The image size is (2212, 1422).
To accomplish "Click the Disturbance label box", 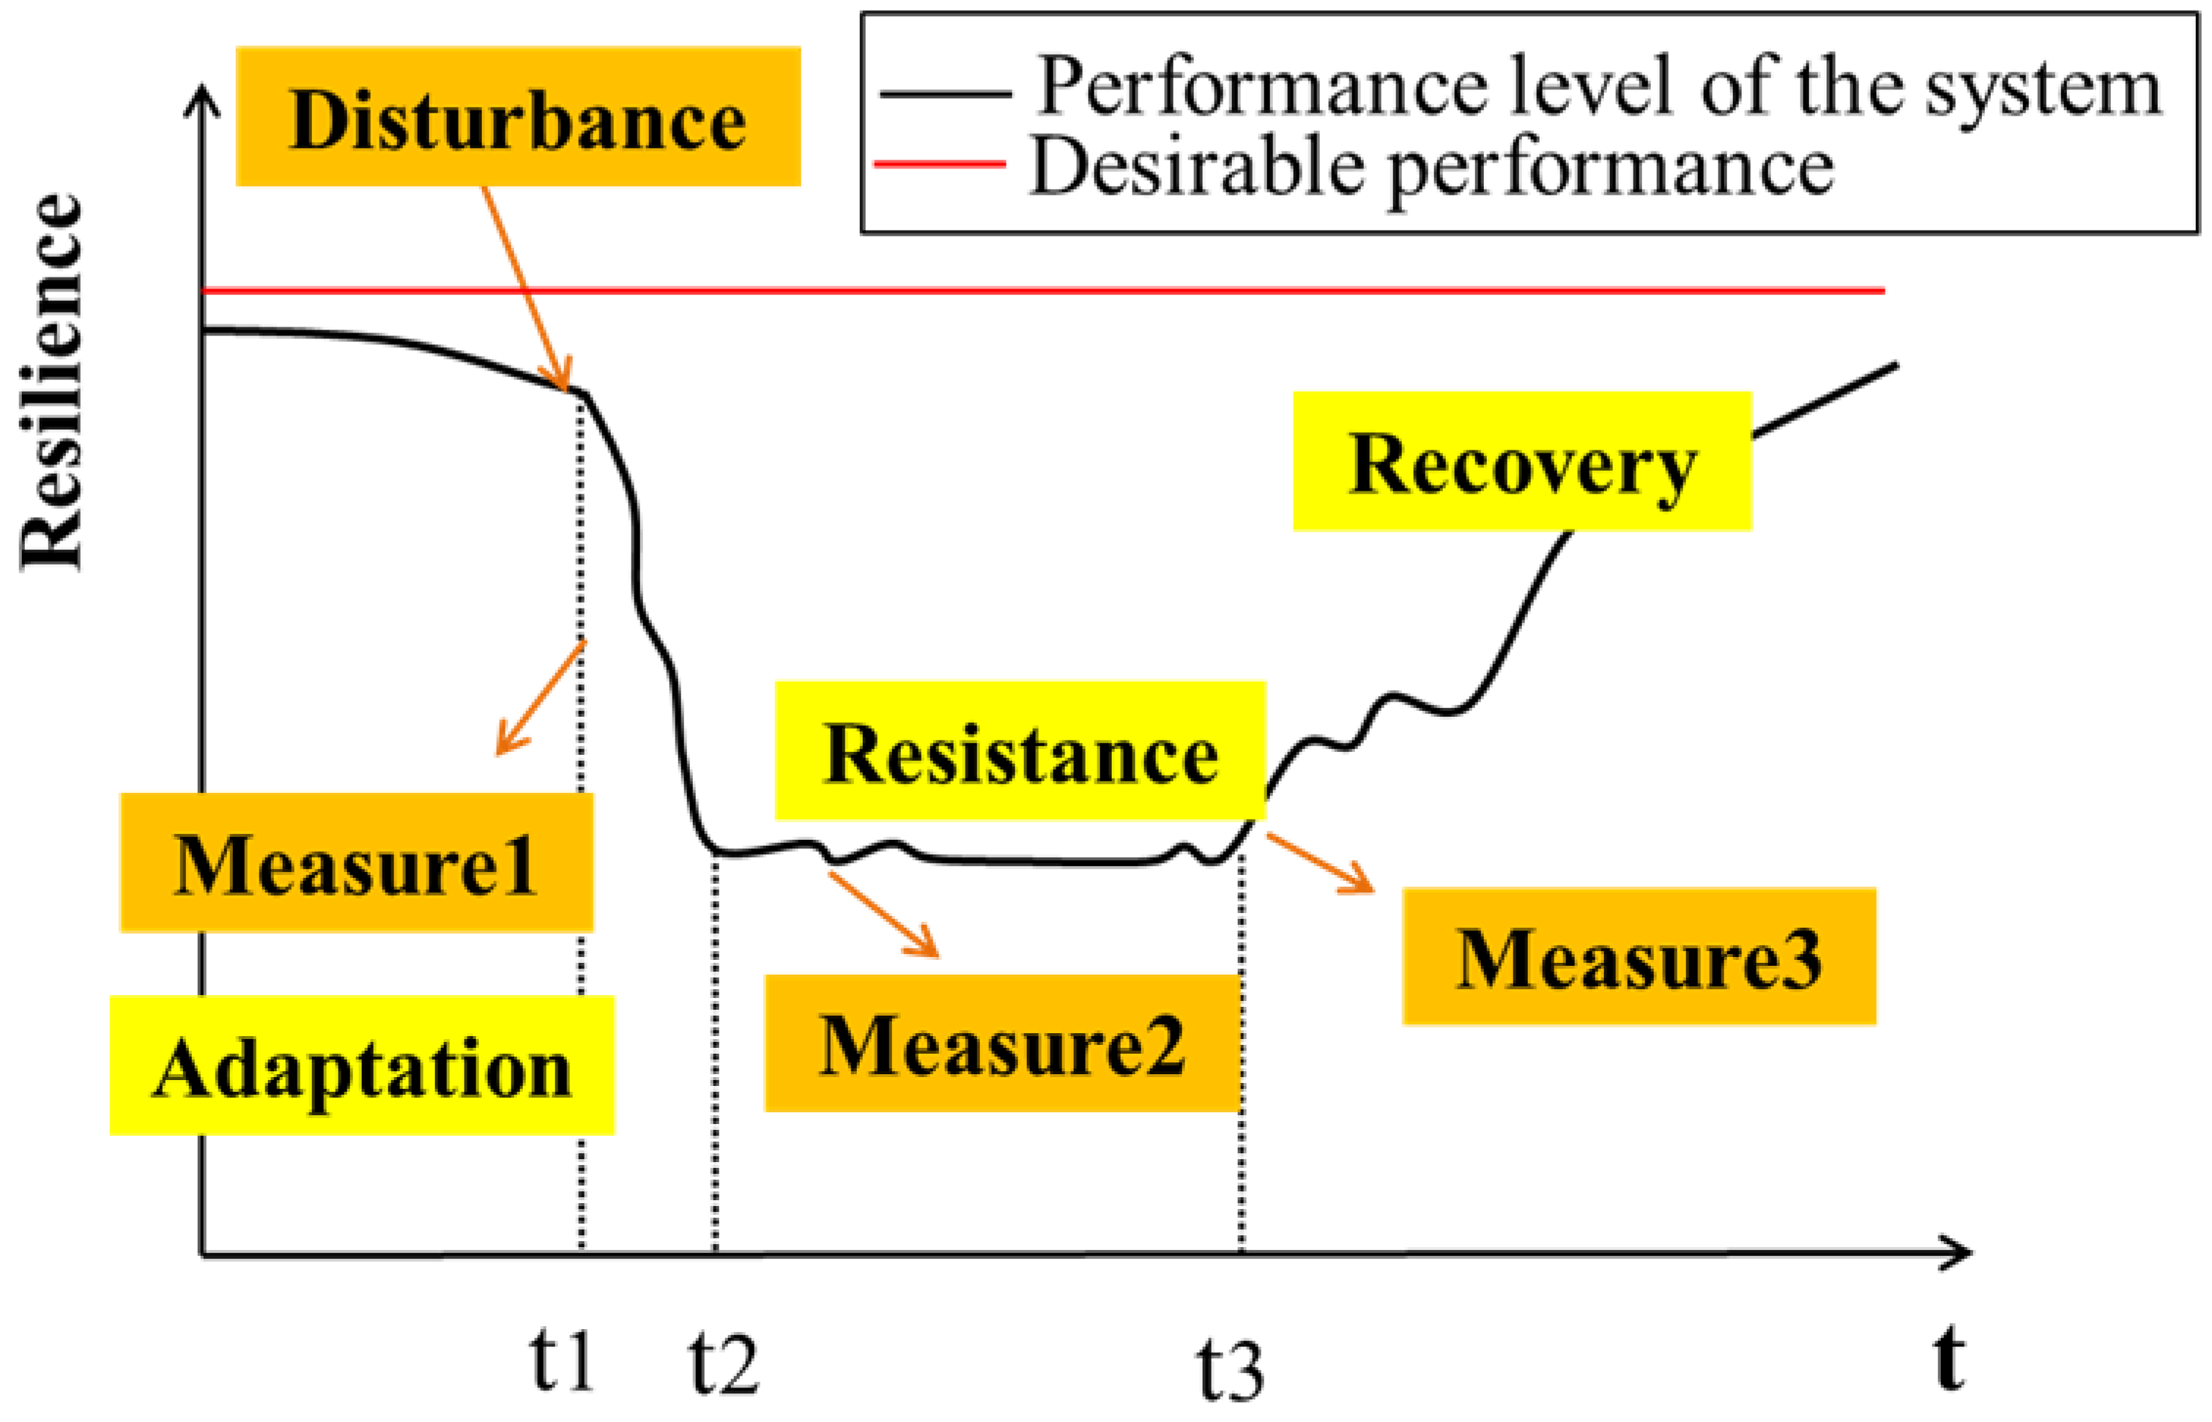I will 517,117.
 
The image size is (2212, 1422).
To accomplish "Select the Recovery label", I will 1521,462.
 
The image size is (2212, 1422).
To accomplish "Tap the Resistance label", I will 1020,751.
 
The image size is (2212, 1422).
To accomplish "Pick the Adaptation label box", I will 362,1065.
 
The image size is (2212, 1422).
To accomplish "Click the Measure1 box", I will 357,863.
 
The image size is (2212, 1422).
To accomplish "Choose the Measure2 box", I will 1002,1043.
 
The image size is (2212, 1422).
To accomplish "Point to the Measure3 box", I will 1638,956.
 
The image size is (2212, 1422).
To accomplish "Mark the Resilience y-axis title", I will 53,383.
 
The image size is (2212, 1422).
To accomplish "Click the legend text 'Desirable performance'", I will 1430,167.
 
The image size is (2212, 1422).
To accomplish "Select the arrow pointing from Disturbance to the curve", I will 524,286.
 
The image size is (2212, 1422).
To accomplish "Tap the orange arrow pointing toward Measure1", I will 541,698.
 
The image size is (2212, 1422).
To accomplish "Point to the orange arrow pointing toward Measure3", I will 1319,863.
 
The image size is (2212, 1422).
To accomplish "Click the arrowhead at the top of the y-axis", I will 202,99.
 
